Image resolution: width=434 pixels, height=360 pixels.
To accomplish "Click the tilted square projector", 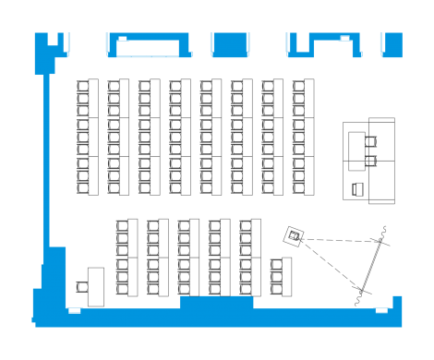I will pyautogui.click(x=295, y=235).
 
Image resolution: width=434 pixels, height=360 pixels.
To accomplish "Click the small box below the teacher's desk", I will pyautogui.click(x=358, y=190).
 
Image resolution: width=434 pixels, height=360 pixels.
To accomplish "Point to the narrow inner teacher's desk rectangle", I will pyautogui.click(x=356, y=152).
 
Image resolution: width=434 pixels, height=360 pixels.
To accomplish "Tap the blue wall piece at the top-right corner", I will pyautogui.click(x=392, y=43).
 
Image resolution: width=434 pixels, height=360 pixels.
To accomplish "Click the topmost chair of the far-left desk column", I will pyautogui.click(x=83, y=89).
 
